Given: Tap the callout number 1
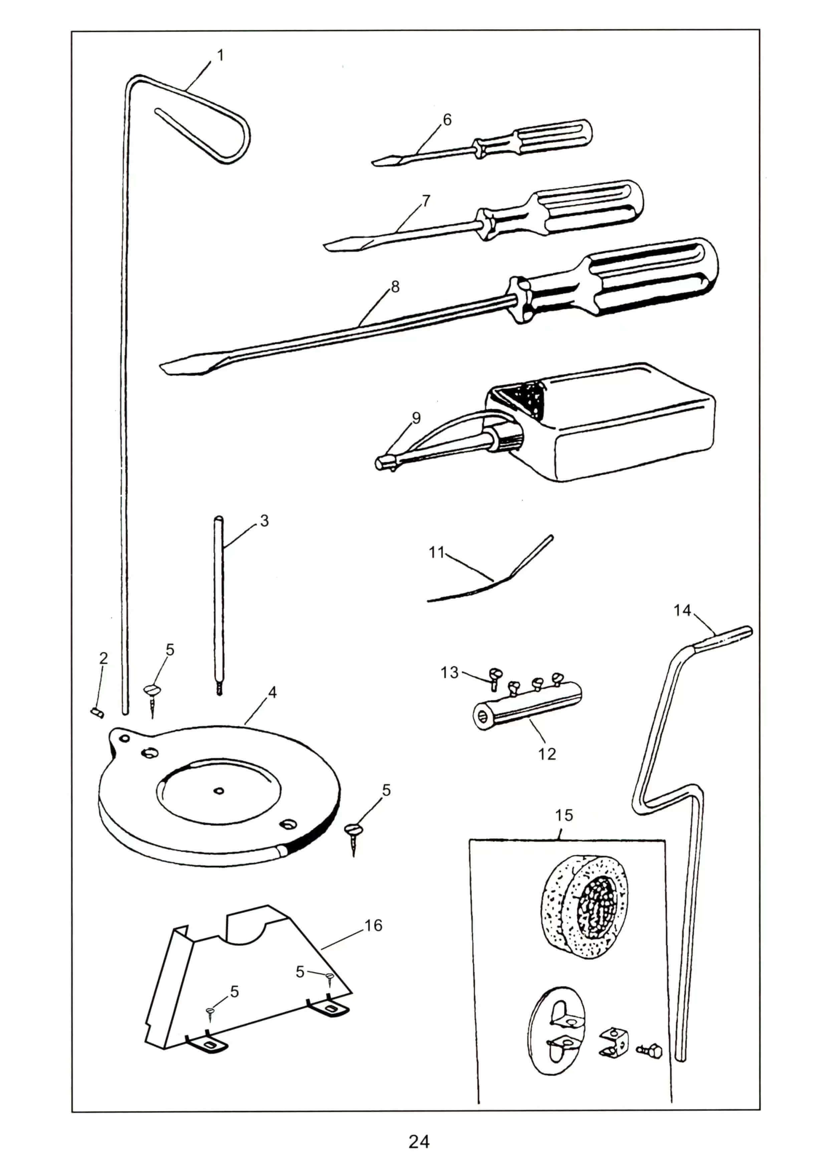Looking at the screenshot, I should [220, 55].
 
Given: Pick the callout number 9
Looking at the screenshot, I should [416, 418].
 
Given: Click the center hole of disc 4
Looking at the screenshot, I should [219, 791].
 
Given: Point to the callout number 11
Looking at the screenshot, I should [437, 552].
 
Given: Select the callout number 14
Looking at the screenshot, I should [682, 611].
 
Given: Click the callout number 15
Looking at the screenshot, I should [564, 815].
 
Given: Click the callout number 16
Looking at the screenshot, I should [373, 926].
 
